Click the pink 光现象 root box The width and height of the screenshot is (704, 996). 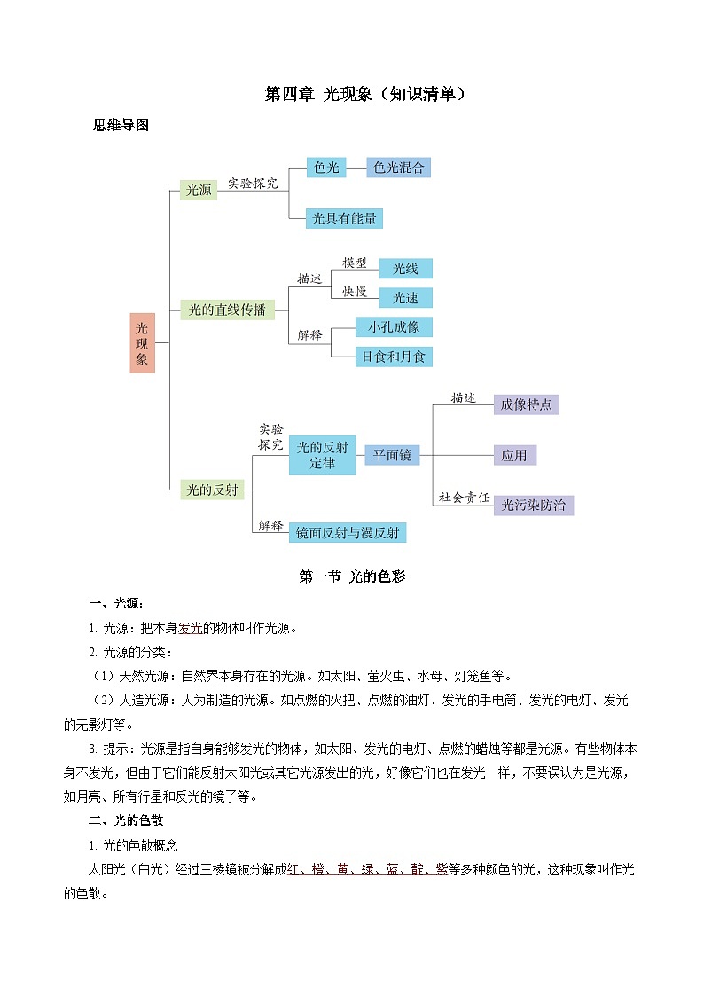(x=142, y=342)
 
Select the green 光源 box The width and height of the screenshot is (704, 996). (x=198, y=190)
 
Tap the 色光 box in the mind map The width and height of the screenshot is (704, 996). (x=326, y=168)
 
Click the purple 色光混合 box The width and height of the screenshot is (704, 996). (x=398, y=168)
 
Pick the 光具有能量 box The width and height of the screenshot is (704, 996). (x=345, y=218)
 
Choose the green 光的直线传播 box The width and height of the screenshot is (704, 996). (x=227, y=310)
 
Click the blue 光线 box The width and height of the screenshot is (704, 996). (x=405, y=269)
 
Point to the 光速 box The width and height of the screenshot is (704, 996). (x=405, y=298)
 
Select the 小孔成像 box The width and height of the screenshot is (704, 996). (x=394, y=327)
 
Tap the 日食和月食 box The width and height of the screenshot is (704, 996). (x=394, y=357)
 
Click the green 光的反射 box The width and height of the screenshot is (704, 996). (x=211, y=489)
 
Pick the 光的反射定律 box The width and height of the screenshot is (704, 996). (x=323, y=455)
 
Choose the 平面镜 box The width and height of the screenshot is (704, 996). (x=391, y=455)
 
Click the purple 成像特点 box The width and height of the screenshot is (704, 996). (x=526, y=404)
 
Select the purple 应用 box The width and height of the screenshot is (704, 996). (x=514, y=455)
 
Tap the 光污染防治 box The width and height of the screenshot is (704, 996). (x=533, y=506)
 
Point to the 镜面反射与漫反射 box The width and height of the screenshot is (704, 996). (x=348, y=532)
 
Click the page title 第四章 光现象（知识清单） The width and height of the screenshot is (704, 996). (x=365, y=94)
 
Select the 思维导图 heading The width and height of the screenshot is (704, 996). (x=121, y=125)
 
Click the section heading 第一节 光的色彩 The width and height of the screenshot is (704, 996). (x=352, y=576)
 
